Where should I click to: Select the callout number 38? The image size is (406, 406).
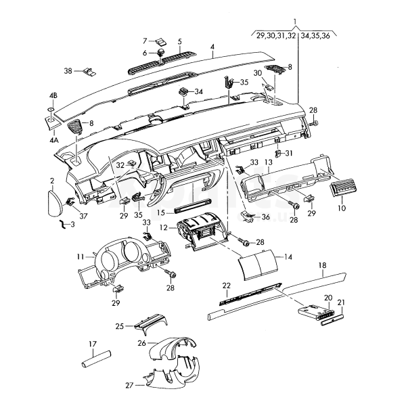point(68,71)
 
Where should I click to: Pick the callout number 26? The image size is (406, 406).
point(142,343)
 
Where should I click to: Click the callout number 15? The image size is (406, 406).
point(160,212)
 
